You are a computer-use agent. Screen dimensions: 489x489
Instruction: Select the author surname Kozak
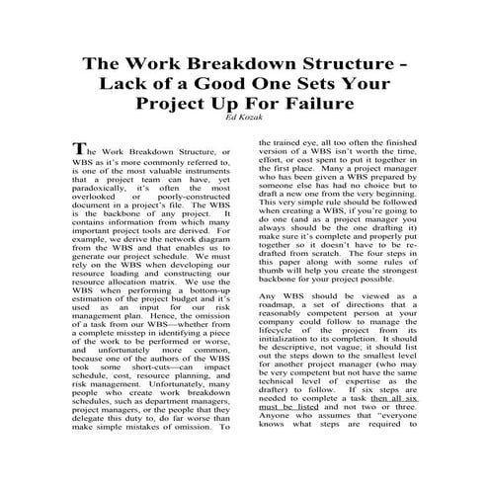253,118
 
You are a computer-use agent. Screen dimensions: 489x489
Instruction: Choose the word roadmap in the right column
280,312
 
